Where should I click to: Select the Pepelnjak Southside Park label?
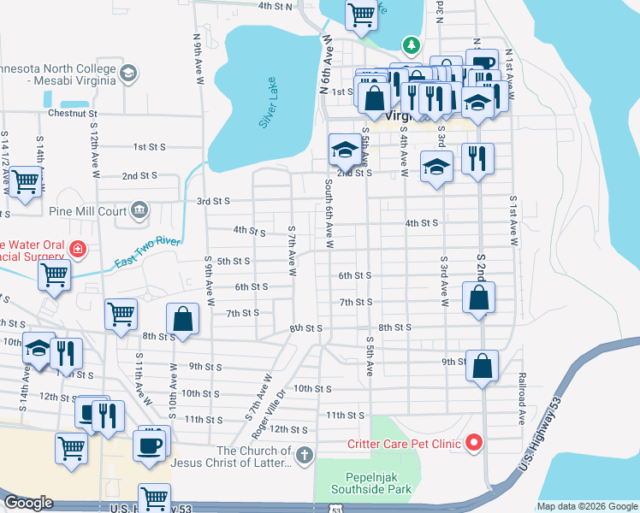click(x=366, y=482)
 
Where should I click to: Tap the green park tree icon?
click(x=412, y=44)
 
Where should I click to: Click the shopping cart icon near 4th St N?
click(x=361, y=14)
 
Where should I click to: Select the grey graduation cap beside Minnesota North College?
click(x=127, y=74)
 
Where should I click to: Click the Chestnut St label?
click(x=73, y=113)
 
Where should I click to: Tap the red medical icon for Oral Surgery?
click(x=78, y=249)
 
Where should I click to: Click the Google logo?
click(x=28, y=503)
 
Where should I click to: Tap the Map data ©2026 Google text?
click(x=586, y=506)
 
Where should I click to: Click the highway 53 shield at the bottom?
click(x=336, y=508)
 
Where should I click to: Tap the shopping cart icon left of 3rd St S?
click(x=27, y=180)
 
